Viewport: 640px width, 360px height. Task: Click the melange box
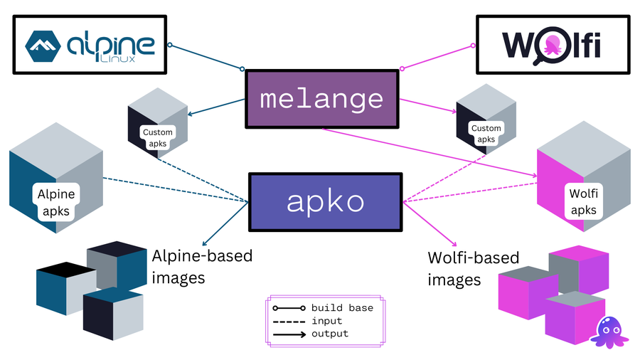coord(321,100)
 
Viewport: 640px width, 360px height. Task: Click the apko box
coord(325,202)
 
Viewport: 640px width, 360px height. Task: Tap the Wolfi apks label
coord(584,201)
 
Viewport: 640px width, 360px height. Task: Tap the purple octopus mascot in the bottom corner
coord(609,331)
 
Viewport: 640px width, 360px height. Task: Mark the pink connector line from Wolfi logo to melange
coord(437,57)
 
